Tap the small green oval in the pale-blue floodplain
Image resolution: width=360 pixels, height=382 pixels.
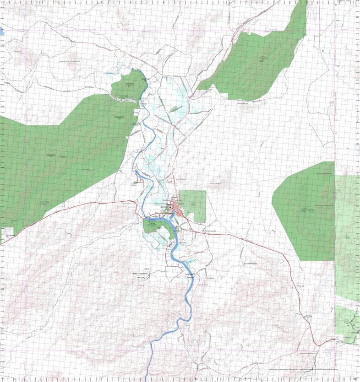tap(174, 109)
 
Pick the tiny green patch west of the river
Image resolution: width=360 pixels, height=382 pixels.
tap(135, 183)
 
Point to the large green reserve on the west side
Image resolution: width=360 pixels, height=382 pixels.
tap(60, 156)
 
